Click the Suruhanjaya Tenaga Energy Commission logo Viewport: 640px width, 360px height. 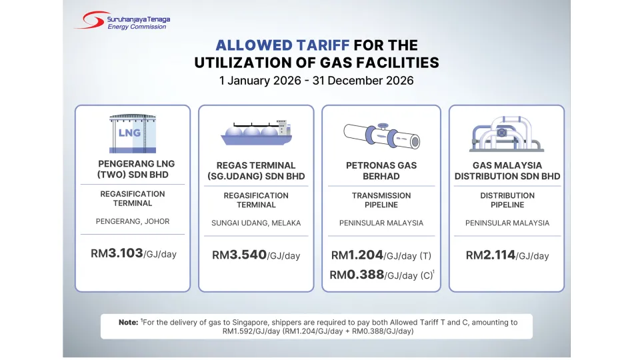[x=121, y=20]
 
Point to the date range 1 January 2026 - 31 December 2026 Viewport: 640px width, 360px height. [x=317, y=81]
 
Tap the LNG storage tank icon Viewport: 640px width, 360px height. [x=133, y=133]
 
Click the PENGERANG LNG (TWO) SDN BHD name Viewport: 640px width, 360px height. [x=133, y=169]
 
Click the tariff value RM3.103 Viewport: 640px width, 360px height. [x=117, y=253]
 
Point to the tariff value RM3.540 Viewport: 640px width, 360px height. [x=239, y=255]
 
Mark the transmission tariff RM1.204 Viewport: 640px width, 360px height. [x=357, y=255]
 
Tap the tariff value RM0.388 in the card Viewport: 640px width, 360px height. [x=357, y=275]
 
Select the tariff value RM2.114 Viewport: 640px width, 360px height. [x=490, y=255]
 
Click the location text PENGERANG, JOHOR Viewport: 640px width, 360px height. [x=133, y=221]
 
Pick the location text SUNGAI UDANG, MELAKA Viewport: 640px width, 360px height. [x=256, y=223]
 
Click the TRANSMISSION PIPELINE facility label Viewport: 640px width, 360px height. [x=381, y=200]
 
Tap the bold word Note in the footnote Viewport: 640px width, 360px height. [x=128, y=323]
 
